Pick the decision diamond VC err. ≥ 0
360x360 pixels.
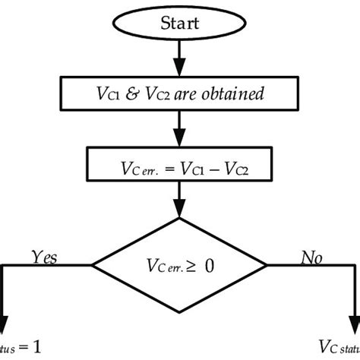[x=180, y=265]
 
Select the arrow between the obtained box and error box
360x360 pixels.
[x=180, y=134]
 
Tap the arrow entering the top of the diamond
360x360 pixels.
[x=180, y=207]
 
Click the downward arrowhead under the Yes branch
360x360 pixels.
[x=7, y=319]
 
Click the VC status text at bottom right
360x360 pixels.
[x=338, y=349]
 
